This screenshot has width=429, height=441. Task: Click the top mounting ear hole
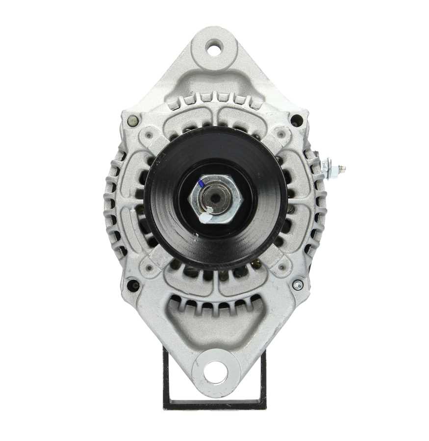point(214,48)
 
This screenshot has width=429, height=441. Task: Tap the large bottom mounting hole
point(214,372)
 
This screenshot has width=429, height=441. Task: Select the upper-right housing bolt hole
point(296,119)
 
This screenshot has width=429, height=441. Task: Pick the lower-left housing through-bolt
point(132,284)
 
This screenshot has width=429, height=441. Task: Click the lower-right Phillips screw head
point(298,285)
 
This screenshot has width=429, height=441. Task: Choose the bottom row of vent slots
point(215,306)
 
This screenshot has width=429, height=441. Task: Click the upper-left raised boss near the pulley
point(148,133)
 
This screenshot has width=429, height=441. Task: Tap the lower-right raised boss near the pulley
point(281,267)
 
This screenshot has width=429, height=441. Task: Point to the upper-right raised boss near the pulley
point(281,133)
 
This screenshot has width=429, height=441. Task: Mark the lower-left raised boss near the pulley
point(148,267)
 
